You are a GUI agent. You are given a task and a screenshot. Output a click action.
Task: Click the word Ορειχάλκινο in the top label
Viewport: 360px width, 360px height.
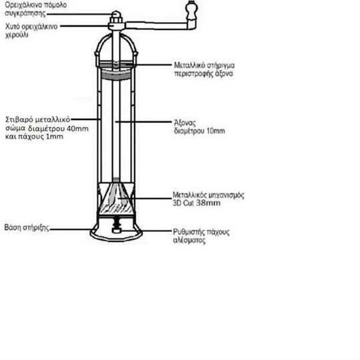[20, 5]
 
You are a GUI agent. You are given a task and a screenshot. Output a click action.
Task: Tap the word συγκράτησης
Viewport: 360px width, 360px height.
[25, 13]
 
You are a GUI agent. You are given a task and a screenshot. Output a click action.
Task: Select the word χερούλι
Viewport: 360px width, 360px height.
[17, 35]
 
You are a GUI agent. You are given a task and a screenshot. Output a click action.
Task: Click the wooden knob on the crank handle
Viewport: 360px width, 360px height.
[191, 10]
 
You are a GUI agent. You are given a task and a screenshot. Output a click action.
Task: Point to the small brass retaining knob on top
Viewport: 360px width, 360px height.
[116, 15]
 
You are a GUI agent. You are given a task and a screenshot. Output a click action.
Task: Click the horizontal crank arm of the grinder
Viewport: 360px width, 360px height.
[159, 25]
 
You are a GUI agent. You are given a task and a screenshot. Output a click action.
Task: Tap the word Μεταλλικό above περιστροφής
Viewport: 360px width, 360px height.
[189, 65]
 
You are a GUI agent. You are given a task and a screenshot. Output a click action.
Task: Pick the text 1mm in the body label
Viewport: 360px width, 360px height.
[55, 137]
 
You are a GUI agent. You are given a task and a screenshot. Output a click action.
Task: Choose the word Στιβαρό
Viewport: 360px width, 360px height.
[19, 120]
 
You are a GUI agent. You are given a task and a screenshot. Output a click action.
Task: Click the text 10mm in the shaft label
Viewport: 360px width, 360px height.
[216, 131]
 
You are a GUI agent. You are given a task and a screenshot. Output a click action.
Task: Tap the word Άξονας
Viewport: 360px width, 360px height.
[185, 123]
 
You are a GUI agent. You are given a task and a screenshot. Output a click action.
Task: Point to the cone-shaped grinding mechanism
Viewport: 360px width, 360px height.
[116, 197]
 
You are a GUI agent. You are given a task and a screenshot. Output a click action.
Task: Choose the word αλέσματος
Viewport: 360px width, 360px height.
[189, 241]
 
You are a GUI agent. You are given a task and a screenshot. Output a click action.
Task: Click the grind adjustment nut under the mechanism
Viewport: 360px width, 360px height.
[117, 230]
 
